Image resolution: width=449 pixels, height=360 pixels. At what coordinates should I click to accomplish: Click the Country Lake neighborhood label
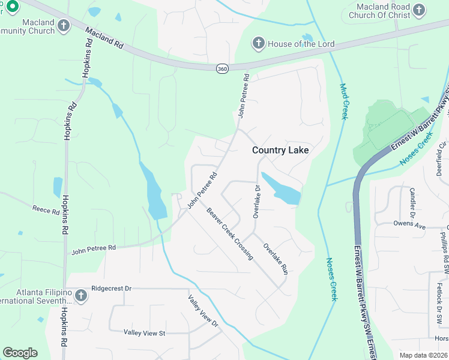click(x=280, y=150)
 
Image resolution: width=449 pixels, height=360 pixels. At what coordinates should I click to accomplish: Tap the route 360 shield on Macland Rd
click(x=222, y=69)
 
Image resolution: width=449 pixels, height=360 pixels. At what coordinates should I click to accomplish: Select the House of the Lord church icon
click(x=258, y=44)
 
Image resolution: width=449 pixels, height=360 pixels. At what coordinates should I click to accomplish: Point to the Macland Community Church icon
click(x=64, y=25)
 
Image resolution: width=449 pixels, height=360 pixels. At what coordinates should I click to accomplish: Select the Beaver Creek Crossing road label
click(x=230, y=233)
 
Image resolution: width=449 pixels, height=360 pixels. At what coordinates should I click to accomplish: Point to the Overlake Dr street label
click(x=256, y=201)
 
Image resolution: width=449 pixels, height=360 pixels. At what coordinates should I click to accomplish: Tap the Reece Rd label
click(x=46, y=211)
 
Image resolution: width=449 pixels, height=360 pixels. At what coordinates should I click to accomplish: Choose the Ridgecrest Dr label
click(x=111, y=289)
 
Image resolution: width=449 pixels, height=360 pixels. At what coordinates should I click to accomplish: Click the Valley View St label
click(x=144, y=332)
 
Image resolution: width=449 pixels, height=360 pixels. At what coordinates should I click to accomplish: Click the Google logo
click(x=20, y=353)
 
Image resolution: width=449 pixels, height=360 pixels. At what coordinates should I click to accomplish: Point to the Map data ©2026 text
click(x=423, y=355)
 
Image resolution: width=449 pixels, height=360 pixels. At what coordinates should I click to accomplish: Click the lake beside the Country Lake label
click(x=282, y=190)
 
